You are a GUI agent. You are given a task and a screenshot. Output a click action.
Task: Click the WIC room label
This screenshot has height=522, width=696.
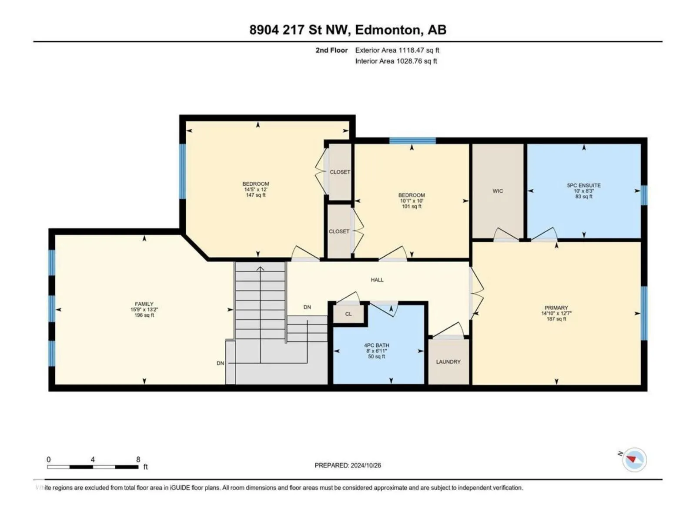(498, 191)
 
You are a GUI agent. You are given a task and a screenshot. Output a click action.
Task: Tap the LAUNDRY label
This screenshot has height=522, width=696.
(448, 361)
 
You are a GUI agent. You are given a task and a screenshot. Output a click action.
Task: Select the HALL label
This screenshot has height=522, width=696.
(377, 280)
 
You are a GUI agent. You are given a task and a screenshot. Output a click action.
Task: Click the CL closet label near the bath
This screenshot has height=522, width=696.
(348, 314)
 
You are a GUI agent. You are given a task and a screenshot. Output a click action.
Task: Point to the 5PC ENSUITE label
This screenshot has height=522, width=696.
(584, 185)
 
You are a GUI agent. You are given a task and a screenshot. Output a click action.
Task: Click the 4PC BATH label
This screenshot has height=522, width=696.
(376, 345)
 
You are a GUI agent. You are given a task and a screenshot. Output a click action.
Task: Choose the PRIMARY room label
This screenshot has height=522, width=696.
(556, 308)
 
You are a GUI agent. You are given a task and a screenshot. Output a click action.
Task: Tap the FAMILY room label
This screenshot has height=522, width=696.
(144, 304)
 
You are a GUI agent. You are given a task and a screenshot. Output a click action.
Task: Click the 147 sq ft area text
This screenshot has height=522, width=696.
(256, 195)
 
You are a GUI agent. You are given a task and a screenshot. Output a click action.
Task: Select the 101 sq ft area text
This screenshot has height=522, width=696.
(412, 206)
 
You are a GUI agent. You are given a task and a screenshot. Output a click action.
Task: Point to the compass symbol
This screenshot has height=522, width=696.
(634, 459)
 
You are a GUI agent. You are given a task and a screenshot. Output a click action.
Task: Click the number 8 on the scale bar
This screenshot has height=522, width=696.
(138, 459)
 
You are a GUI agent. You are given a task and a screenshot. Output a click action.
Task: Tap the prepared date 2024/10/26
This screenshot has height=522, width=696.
(365, 465)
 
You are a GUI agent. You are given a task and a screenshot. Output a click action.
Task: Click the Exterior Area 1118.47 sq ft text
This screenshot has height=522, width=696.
(397, 50)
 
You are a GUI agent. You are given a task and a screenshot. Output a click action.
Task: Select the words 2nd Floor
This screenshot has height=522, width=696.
(331, 50)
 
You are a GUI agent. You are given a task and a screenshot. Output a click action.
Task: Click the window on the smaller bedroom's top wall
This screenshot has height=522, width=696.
(412, 141)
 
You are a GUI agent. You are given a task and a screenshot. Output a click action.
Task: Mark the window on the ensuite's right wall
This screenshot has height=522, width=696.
(644, 195)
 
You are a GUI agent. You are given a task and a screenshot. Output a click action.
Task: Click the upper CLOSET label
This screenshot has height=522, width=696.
(340, 172)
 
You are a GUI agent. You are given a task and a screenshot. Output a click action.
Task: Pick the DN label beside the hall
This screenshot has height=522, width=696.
(307, 307)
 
